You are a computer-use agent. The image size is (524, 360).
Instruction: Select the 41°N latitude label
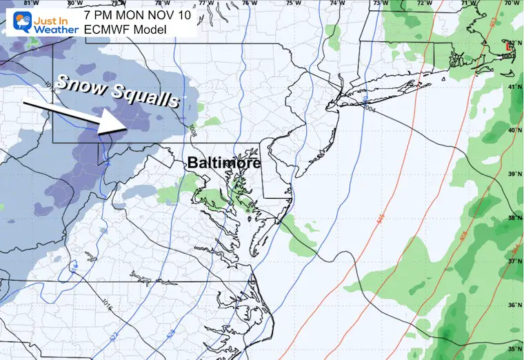tap(514, 88)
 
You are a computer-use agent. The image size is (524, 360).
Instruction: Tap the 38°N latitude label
tap(514, 218)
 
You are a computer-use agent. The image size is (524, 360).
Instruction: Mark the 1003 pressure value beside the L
tap(508, 55)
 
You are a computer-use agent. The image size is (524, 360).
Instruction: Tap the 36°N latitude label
tap(514, 304)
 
